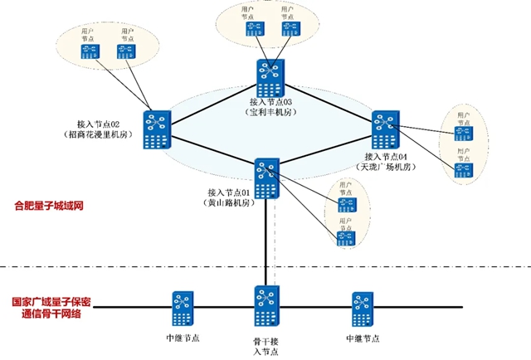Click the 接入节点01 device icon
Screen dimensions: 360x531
point(266,178)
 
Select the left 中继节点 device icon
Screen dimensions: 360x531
point(183,309)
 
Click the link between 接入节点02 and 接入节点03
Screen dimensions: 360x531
point(212,103)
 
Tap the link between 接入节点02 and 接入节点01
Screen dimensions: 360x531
point(212,154)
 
